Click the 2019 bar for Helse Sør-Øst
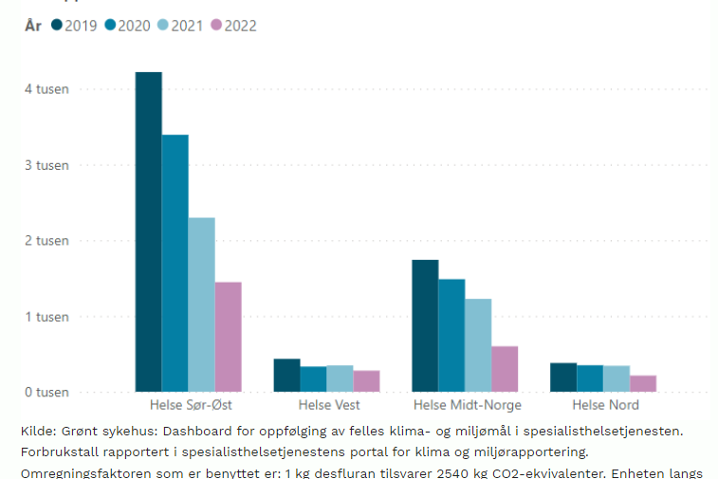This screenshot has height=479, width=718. point(148,231)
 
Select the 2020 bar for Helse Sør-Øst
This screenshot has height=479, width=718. point(175,263)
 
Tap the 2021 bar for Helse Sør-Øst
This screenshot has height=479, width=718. point(201,304)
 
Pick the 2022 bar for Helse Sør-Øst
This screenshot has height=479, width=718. point(228,337)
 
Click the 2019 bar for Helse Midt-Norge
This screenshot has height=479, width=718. point(425,325)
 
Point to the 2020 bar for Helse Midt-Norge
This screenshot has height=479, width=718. point(451,335)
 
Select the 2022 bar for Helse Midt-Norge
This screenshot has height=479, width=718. point(505,369)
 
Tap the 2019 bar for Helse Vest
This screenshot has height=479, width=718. point(286,375)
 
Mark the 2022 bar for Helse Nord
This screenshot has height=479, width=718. point(643,383)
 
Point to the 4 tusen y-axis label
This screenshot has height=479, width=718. point(46,89)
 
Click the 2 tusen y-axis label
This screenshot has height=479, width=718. point(46,241)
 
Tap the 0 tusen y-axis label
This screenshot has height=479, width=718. point(46,392)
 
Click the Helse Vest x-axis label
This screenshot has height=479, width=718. point(326,406)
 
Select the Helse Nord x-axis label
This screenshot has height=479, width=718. point(606,406)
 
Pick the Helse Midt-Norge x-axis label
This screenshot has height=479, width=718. point(467,406)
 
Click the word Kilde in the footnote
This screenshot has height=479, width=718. point(36,432)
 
